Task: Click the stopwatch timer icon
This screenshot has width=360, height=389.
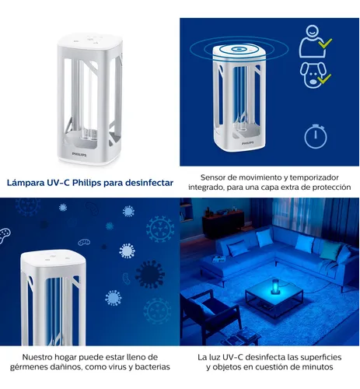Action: pyautogui.click(x=316, y=136)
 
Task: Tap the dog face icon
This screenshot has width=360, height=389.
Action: pyautogui.click(x=313, y=75)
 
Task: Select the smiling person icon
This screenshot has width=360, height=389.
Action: pyautogui.click(x=312, y=41)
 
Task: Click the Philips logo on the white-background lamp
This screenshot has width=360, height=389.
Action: pyautogui.click(x=79, y=154)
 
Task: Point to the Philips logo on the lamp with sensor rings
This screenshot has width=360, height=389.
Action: pyautogui.click(x=248, y=143)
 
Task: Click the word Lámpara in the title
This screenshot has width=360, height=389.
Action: pyautogui.click(x=26, y=183)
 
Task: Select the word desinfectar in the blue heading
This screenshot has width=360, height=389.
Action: pyautogui.click(x=149, y=183)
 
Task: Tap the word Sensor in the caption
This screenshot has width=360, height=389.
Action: pyautogui.click(x=211, y=177)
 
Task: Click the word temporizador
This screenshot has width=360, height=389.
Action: pyautogui.click(x=314, y=177)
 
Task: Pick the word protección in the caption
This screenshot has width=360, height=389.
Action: pyautogui.click(x=331, y=187)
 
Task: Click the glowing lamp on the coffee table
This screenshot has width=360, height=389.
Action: pyautogui.click(x=274, y=288)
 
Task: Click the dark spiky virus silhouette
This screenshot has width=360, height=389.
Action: pyautogui.click(x=150, y=274)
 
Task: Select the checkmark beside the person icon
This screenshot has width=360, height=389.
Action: pyautogui.click(x=325, y=44)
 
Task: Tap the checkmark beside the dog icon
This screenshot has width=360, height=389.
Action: pyautogui.click(x=324, y=79)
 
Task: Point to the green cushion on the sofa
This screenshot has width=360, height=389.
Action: pyautogui.click(x=330, y=250)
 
